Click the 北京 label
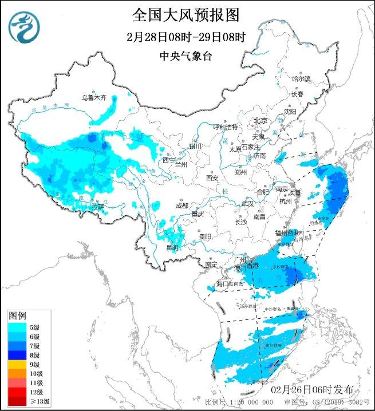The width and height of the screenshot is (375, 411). click(x=260, y=120)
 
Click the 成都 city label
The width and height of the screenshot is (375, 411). click(x=181, y=205)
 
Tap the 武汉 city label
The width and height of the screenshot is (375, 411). click(x=247, y=203)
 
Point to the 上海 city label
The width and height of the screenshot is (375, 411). click(x=295, y=193)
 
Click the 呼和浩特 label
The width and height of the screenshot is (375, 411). click(x=225, y=127)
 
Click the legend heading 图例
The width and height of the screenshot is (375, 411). click(x=17, y=315)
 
